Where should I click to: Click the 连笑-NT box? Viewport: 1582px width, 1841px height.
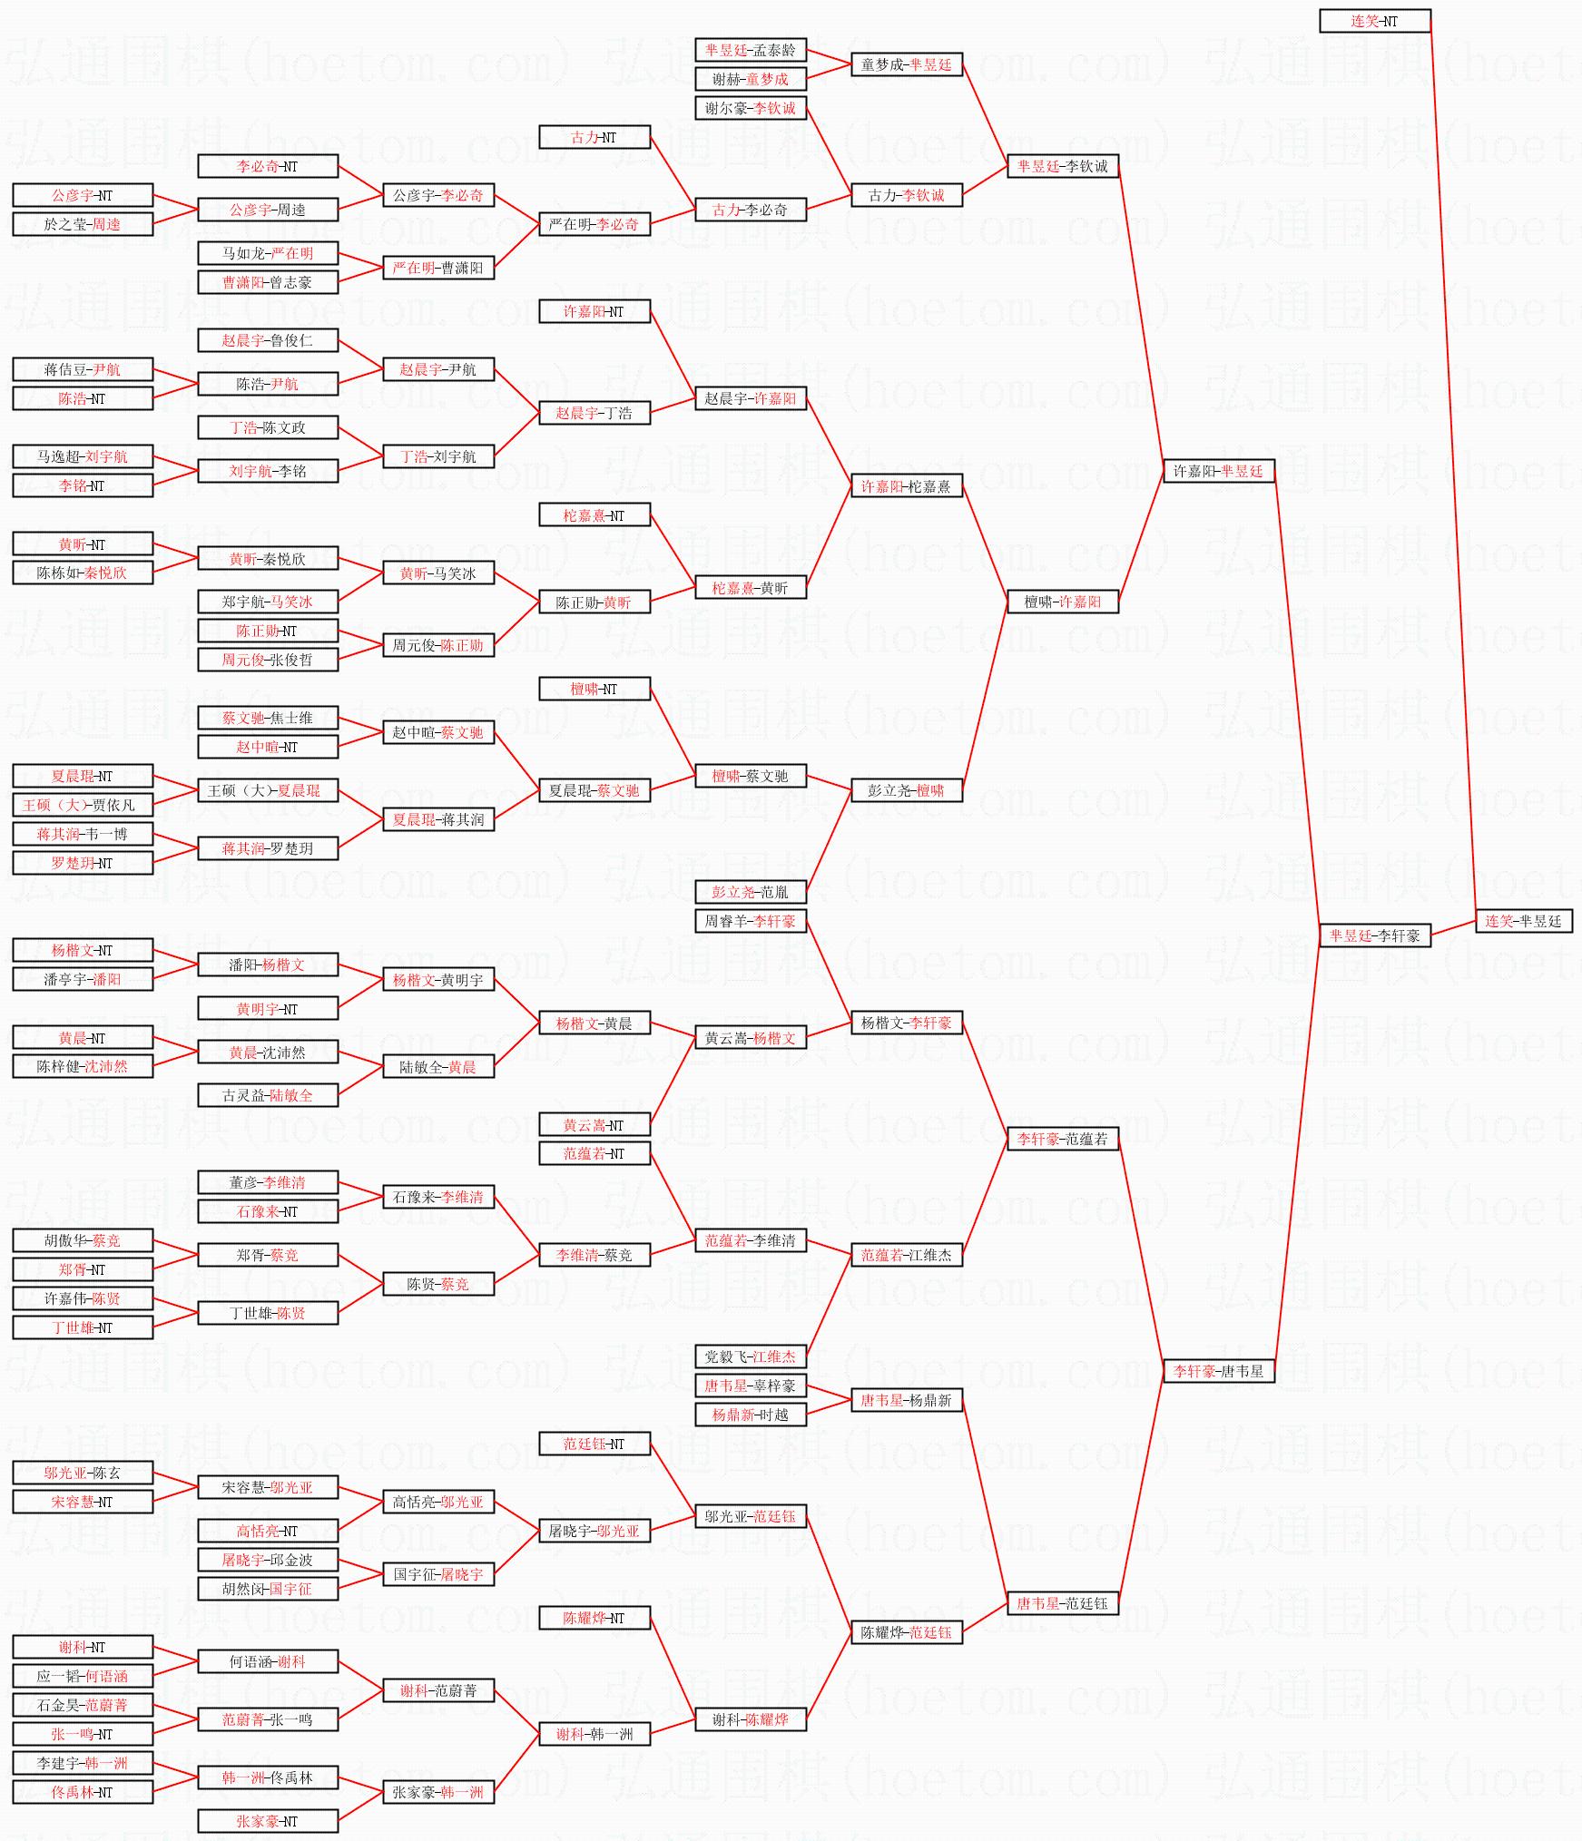click(x=1374, y=21)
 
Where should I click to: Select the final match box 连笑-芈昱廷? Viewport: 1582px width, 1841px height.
click(x=1523, y=921)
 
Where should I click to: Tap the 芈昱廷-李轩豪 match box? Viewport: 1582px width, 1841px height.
click(x=1374, y=935)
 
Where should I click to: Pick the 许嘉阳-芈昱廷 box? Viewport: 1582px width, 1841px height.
click(x=1218, y=471)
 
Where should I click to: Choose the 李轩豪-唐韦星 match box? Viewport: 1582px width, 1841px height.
click(x=1218, y=1371)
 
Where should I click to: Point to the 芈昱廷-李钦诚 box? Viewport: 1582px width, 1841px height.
click(x=1062, y=166)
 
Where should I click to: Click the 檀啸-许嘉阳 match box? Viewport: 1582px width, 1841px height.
click(x=1062, y=602)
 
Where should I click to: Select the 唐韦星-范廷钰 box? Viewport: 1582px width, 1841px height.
click(x=1062, y=1603)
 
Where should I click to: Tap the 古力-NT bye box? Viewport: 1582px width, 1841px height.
click(x=594, y=137)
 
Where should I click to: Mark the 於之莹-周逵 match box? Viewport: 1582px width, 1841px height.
click(x=82, y=224)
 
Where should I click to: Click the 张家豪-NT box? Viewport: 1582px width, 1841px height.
click(x=267, y=1821)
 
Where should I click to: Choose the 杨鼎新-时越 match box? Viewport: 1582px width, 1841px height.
click(x=750, y=1415)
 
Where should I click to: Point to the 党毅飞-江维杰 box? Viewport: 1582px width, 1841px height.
click(x=750, y=1356)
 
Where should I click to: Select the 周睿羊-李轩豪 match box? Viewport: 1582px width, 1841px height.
click(x=750, y=921)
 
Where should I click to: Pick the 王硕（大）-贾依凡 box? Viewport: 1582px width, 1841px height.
click(x=82, y=805)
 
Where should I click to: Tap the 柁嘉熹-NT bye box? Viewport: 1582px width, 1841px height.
click(x=594, y=515)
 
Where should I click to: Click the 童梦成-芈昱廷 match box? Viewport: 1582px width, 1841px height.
click(x=906, y=64)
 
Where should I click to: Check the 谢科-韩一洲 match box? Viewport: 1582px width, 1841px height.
click(x=594, y=1734)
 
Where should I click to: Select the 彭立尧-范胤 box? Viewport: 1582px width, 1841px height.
click(x=750, y=892)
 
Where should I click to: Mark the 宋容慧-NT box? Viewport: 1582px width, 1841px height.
click(x=82, y=1502)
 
